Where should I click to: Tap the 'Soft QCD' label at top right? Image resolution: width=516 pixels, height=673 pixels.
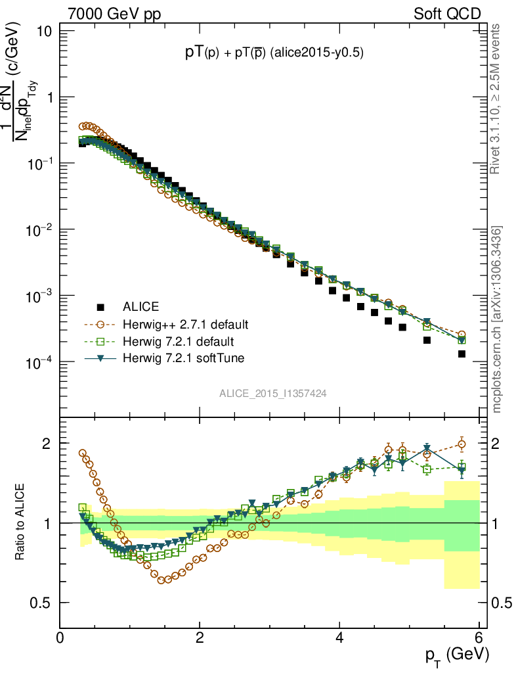[446, 13]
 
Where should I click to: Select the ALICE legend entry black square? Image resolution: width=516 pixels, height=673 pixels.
[100, 307]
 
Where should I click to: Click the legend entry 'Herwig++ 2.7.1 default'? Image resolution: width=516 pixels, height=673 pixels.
[185, 324]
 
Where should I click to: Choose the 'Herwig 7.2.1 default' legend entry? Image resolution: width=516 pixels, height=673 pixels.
[179, 341]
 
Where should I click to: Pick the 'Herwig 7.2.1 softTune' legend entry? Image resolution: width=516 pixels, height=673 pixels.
[182, 358]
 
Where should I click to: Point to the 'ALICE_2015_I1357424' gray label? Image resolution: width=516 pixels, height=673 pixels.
[273, 393]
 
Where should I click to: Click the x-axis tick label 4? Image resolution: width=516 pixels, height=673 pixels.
[339, 638]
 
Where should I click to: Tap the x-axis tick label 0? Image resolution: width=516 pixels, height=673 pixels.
[60, 638]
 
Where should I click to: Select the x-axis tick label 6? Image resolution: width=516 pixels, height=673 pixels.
[479, 638]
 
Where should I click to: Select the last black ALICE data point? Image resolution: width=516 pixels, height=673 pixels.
[462, 354]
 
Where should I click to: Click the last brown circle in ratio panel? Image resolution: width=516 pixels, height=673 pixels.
[462, 444]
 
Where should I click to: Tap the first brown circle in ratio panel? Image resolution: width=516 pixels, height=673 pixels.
[83, 453]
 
